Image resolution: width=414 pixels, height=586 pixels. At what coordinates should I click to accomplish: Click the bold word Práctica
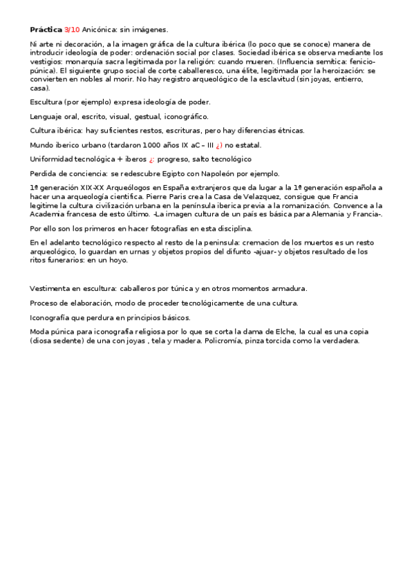click(x=46, y=30)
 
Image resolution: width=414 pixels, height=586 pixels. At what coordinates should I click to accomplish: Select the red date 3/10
click(x=72, y=30)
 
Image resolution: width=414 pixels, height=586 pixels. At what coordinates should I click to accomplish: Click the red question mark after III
click(x=218, y=145)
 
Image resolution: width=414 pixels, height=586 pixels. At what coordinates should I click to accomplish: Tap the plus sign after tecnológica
click(x=117, y=159)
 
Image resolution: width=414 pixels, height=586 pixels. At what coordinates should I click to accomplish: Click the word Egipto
click(x=169, y=173)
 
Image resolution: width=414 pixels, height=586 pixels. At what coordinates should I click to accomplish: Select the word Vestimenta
click(x=53, y=288)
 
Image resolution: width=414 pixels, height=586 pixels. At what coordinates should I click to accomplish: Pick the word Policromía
click(x=227, y=341)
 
